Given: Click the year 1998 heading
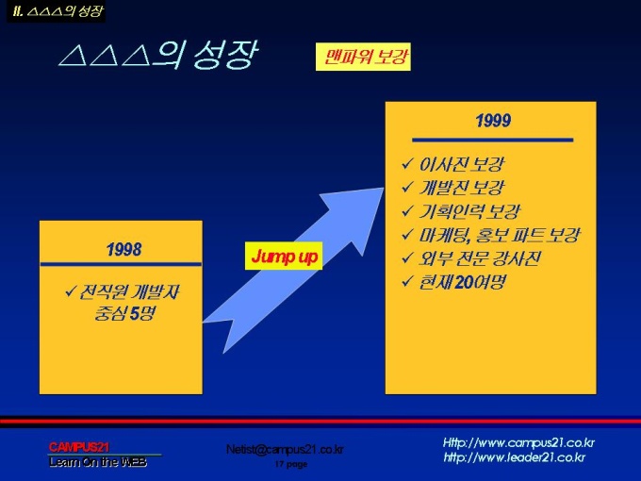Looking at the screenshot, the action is pyautogui.click(x=123, y=249).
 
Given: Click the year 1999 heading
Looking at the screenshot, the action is pyautogui.click(x=493, y=121).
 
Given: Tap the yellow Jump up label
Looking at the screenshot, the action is pyautogui.click(x=284, y=256).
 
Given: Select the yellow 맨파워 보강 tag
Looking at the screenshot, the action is pyautogui.click(x=363, y=57).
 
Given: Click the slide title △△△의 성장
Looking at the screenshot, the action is pyautogui.click(x=157, y=55).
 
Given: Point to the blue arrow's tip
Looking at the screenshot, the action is pyautogui.click(x=383, y=189).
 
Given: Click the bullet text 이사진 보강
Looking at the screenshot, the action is pyautogui.click(x=462, y=164).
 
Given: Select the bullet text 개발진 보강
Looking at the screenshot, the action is pyautogui.click(x=462, y=188).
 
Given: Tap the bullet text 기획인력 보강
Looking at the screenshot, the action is pyautogui.click(x=469, y=211).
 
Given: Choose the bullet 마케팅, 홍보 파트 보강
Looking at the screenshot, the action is pyautogui.click(x=500, y=235).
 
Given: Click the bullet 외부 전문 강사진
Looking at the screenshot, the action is pyautogui.click(x=480, y=258).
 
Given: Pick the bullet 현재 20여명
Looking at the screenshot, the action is pyautogui.click(x=462, y=282).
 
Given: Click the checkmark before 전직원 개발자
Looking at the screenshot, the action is pyautogui.click(x=71, y=291).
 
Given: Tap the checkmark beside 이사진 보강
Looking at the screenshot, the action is pyautogui.click(x=407, y=164).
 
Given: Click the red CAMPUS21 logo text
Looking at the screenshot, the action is pyautogui.click(x=79, y=447).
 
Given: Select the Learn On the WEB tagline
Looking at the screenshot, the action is pyautogui.click(x=98, y=462).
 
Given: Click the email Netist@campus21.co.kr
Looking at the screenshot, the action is pyautogui.click(x=285, y=450).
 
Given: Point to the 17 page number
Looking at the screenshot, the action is pyautogui.click(x=291, y=464).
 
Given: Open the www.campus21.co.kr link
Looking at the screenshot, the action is pyautogui.click(x=518, y=443).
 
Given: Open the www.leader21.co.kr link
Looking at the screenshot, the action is pyautogui.click(x=515, y=457).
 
